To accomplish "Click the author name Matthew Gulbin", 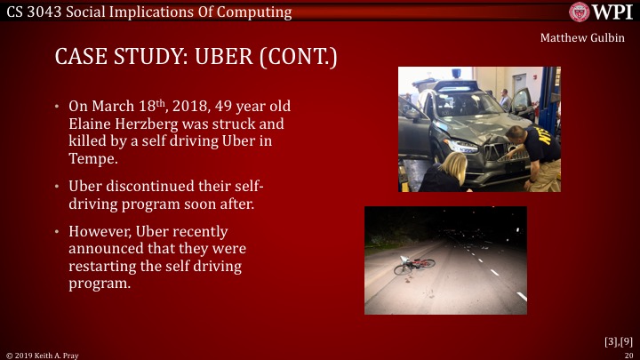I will click(580, 39).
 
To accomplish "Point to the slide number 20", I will click(628, 355).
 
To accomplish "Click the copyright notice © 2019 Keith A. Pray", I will click(42, 355).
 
